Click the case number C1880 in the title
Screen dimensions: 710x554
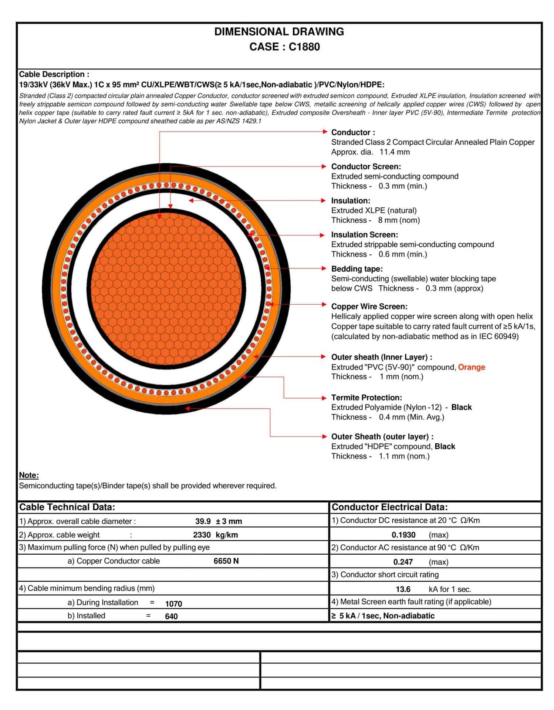(x=304, y=47)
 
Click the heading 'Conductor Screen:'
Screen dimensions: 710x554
(x=366, y=166)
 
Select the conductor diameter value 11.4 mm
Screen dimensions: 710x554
(x=394, y=152)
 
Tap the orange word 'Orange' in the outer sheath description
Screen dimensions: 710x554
(x=471, y=367)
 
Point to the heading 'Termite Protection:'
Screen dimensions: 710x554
(x=366, y=398)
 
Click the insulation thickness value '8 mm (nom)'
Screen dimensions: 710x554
(x=399, y=220)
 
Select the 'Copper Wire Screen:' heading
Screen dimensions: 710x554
(x=369, y=306)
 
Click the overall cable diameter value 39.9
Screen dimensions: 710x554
(x=203, y=521)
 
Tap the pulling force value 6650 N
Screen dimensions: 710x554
(x=226, y=561)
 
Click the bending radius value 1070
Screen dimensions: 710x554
(x=173, y=604)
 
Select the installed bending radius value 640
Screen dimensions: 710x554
(x=171, y=616)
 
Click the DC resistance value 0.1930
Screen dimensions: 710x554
(x=403, y=535)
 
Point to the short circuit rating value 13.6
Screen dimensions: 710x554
(x=403, y=589)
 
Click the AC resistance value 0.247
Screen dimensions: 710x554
(x=403, y=562)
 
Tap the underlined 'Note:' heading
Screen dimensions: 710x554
(x=29, y=475)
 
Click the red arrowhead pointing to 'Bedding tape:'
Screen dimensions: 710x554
(x=324, y=268)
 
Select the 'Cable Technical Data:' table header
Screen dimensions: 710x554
(x=67, y=507)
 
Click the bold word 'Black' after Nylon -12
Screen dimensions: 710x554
(x=461, y=407)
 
